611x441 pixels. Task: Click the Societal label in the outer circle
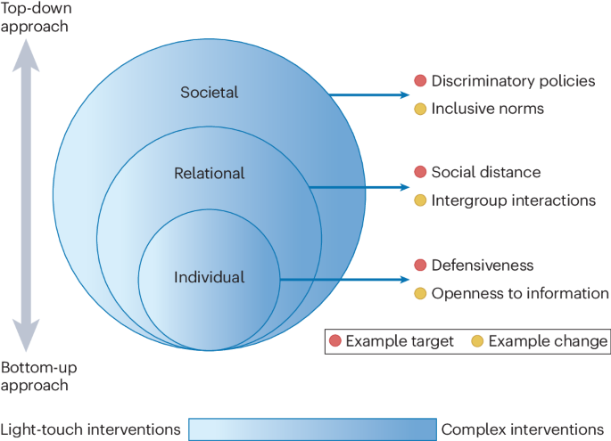click(x=210, y=92)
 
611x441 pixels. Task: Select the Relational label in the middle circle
click(x=209, y=173)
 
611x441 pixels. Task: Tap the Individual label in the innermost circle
click(x=209, y=277)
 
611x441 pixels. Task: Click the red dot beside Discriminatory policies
click(x=420, y=81)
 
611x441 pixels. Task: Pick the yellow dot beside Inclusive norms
click(x=420, y=109)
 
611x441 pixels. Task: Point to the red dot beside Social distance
click(x=420, y=172)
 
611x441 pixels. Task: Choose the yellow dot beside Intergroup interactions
click(x=420, y=200)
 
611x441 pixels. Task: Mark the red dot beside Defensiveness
click(x=420, y=265)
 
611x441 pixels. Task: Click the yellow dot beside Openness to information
click(x=420, y=293)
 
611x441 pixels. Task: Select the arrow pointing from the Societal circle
click(x=366, y=94)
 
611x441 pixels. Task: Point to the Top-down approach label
click(x=35, y=17)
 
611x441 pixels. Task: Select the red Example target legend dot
click(x=335, y=341)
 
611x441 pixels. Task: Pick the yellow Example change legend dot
click(x=477, y=341)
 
